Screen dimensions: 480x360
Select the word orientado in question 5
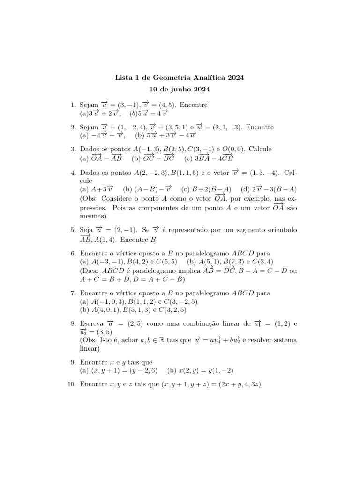click(x=280, y=230)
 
